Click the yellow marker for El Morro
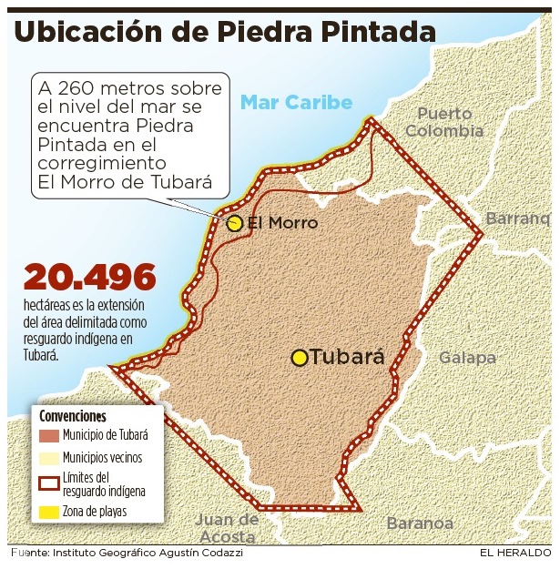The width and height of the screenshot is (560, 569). [234, 223]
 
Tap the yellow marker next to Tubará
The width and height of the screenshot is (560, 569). [300, 358]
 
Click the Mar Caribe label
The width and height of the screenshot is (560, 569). [296, 102]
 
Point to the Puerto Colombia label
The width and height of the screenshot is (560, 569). [444, 122]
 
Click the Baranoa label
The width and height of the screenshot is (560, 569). [420, 523]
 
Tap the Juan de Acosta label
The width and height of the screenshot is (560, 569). [228, 528]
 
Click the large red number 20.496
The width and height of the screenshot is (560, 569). [90, 279]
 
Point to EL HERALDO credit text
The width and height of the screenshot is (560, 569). [515, 553]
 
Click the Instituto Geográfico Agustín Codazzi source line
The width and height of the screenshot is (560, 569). [146, 553]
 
